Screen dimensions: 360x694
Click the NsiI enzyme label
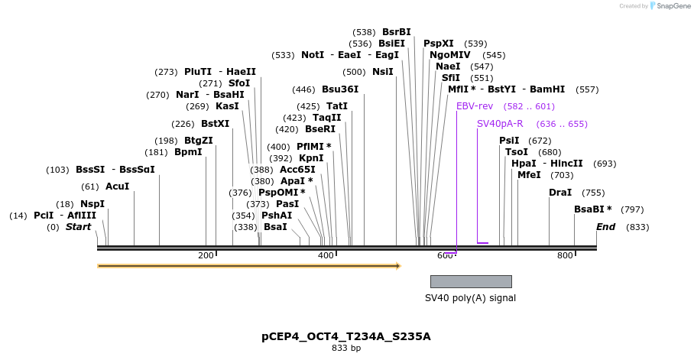tap(382, 72)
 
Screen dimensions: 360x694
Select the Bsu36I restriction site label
tap(340, 89)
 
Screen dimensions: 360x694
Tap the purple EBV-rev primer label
tap(475, 106)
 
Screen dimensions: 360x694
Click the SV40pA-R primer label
tap(500, 124)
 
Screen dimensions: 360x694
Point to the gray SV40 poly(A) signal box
tap(471, 281)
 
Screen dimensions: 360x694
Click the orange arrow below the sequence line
tap(248, 266)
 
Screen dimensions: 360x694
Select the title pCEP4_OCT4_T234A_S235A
tap(346, 336)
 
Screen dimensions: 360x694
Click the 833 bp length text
tap(346, 349)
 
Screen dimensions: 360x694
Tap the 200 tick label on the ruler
tap(206, 255)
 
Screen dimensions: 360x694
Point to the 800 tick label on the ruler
tap(565, 255)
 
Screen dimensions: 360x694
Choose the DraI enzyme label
tap(560, 193)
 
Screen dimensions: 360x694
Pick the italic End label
tap(606, 227)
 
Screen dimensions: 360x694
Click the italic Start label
tap(78, 227)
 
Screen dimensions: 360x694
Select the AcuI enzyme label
tap(117, 186)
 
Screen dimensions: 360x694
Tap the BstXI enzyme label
tap(215, 124)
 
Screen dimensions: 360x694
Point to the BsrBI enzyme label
tap(397, 32)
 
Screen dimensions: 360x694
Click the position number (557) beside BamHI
tap(587, 89)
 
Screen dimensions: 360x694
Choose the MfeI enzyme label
tap(529, 175)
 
